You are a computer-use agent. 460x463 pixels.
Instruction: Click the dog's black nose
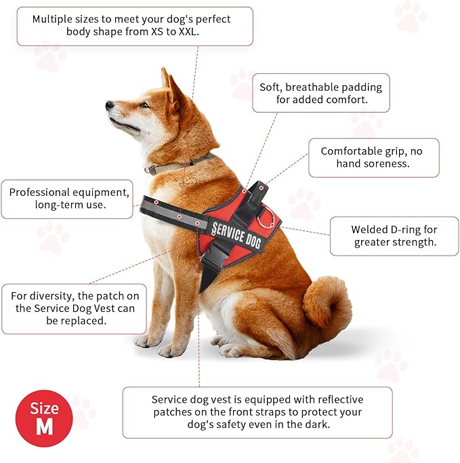tap(110, 105)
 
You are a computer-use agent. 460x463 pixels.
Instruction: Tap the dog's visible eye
tap(144, 105)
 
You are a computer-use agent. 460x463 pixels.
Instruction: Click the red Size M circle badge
tap(44, 418)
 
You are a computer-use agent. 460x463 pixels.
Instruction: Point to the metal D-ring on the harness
tap(266, 218)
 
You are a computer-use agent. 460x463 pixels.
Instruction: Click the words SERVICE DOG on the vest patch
tap(236, 235)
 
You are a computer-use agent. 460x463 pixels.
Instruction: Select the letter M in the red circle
tap(44, 426)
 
